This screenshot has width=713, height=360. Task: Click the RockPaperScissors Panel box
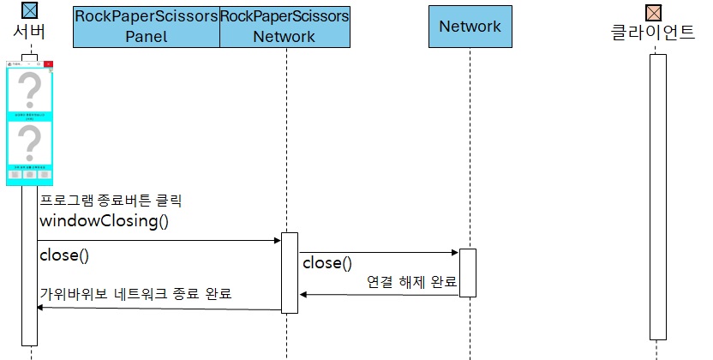[x=146, y=27]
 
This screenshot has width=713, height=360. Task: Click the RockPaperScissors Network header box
[x=285, y=27]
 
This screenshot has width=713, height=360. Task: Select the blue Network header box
[x=470, y=27]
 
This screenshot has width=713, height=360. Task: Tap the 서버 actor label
[x=30, y=33]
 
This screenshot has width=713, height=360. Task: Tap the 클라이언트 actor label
[x=653, y=33]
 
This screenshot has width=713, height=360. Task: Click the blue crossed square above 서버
[x=29, y=11]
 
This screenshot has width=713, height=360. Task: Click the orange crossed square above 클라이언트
[x=653, y=12]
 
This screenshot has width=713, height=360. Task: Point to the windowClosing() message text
[x=104, y=221]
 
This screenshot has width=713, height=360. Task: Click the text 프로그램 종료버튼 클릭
[x=111, y=201]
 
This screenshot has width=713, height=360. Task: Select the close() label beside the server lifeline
[x=64, y=255]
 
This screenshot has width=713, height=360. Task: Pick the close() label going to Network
[x=327, y=263]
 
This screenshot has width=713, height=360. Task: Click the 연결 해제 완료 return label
[x=411, y=281]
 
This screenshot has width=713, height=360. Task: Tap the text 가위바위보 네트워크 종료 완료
[x=135, y=294]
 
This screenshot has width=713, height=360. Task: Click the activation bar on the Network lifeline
[x=467, y=273]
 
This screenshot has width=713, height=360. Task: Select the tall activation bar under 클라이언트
[x=657, y=197]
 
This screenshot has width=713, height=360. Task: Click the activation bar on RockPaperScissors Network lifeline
[x=290, y=273]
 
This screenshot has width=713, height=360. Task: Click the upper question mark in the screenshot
[x=30, y=89]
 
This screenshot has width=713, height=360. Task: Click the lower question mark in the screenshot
[x=30, y=141]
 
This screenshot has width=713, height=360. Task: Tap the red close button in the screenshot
[x=49, y=63]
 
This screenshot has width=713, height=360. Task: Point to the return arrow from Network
[x=378, y=295]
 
